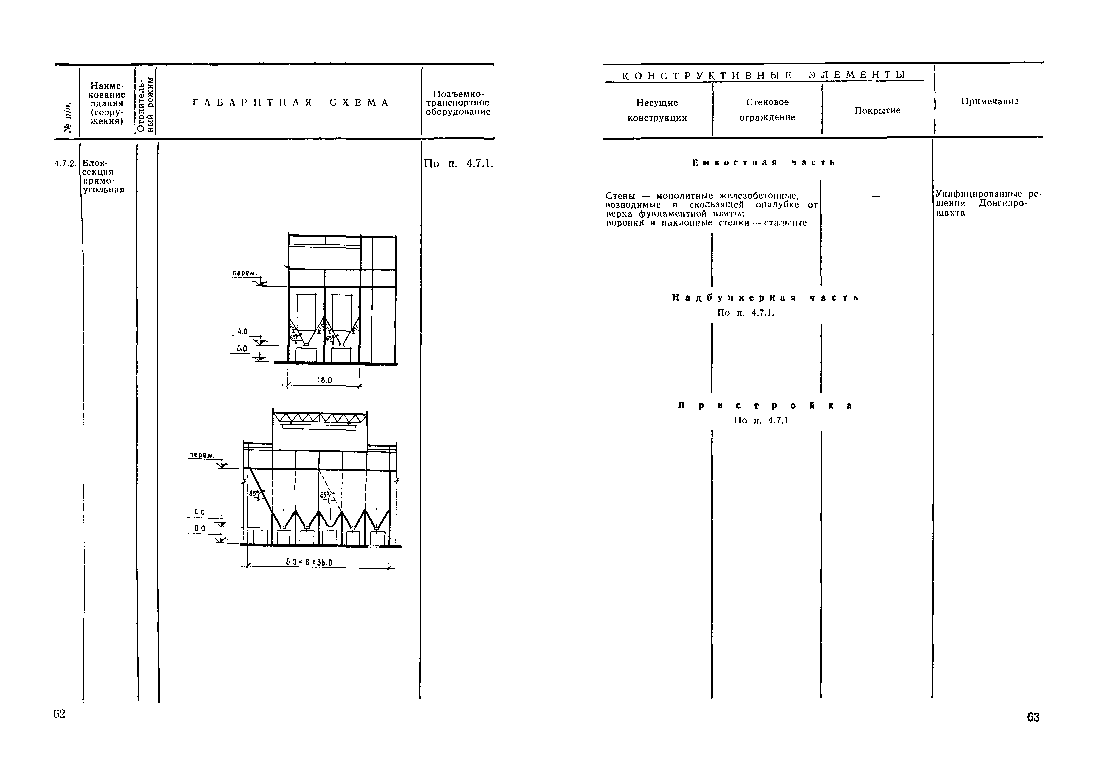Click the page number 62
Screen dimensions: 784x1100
coord(59,714)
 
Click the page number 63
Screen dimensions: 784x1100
coord(1033,717)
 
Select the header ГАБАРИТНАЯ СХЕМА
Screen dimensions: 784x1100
coord(291,102)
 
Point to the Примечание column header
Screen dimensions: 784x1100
coord(990,101)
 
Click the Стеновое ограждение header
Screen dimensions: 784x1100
coord(767,109)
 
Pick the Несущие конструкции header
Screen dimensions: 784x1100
coord(657,110)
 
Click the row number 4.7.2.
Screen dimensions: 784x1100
coord(66,163)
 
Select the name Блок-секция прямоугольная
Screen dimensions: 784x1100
coord(104,176)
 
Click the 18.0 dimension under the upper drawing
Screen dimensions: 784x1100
coord(324,380)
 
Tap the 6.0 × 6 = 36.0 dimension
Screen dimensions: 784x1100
coord(309,562)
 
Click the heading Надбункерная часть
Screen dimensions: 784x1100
coord(765,298)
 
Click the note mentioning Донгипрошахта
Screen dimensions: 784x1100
coord(989,203)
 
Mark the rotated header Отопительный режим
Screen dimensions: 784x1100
coord(146,103)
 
